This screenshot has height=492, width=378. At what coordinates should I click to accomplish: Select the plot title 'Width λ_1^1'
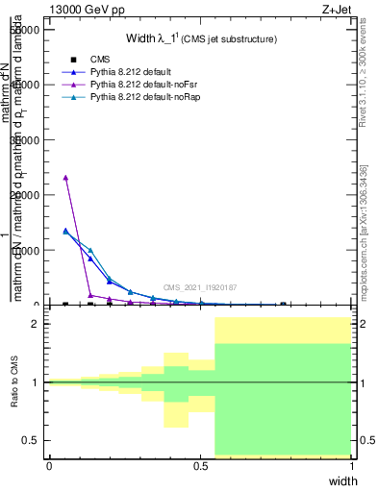202,39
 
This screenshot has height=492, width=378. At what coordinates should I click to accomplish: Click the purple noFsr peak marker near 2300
65,177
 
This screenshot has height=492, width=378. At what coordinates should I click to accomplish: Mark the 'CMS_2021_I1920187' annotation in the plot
200,287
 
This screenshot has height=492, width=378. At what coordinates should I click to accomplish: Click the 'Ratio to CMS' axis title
14,382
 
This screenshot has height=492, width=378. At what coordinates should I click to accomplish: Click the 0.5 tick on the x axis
200,466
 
